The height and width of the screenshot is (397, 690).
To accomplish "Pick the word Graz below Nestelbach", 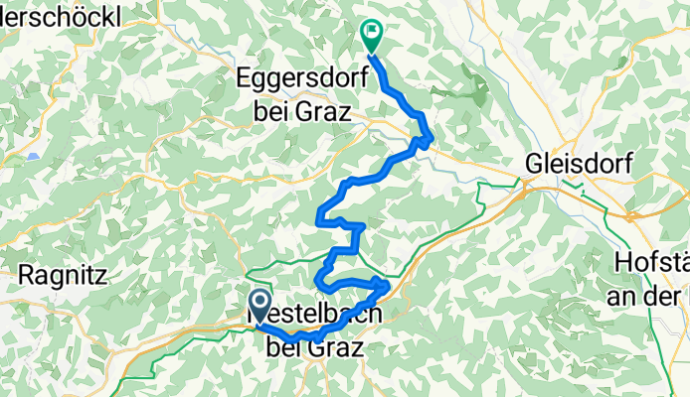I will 335,346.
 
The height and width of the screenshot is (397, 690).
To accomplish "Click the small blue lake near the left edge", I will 34,157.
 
